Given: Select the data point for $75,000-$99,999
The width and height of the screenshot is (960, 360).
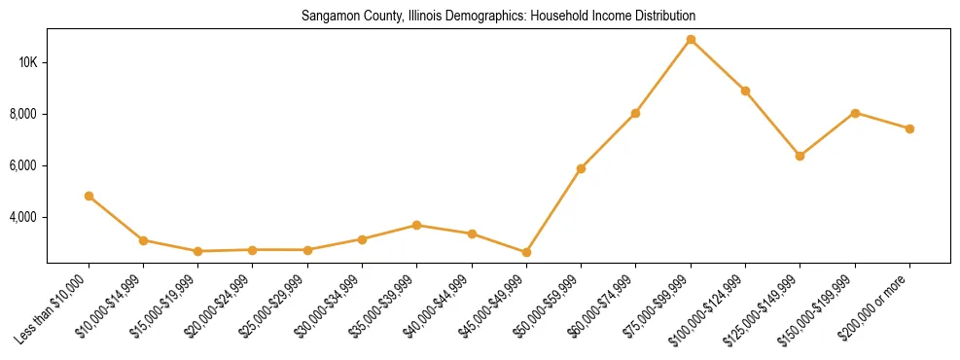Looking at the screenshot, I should coord(691,39).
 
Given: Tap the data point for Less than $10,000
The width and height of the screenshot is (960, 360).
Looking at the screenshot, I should coord(89,196).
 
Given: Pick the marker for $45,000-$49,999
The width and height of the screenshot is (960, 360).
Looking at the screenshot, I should coord(526,252).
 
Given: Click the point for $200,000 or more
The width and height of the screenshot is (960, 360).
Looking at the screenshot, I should coord(909,128).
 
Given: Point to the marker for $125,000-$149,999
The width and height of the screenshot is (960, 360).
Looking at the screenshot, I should coord(800,156).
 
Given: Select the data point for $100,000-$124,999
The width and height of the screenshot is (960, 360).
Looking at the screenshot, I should coord(745,90).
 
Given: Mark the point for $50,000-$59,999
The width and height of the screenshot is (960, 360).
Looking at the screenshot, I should coord(581,168).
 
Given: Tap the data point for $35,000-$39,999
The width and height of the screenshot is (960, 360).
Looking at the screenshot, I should coord(416,225).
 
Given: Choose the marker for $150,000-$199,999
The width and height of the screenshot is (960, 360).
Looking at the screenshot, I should coord(855,113).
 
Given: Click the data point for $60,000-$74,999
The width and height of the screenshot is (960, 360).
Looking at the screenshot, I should coord(635,113).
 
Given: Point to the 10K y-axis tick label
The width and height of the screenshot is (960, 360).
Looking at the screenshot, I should coord(27,62).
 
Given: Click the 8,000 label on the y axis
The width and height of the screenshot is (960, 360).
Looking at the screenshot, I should coord(23,114).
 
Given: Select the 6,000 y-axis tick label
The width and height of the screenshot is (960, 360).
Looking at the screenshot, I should coord(23,165).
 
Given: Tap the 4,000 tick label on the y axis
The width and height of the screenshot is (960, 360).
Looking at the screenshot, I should coord(23,217).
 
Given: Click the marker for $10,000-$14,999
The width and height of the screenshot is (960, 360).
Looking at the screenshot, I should coord(143,240).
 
